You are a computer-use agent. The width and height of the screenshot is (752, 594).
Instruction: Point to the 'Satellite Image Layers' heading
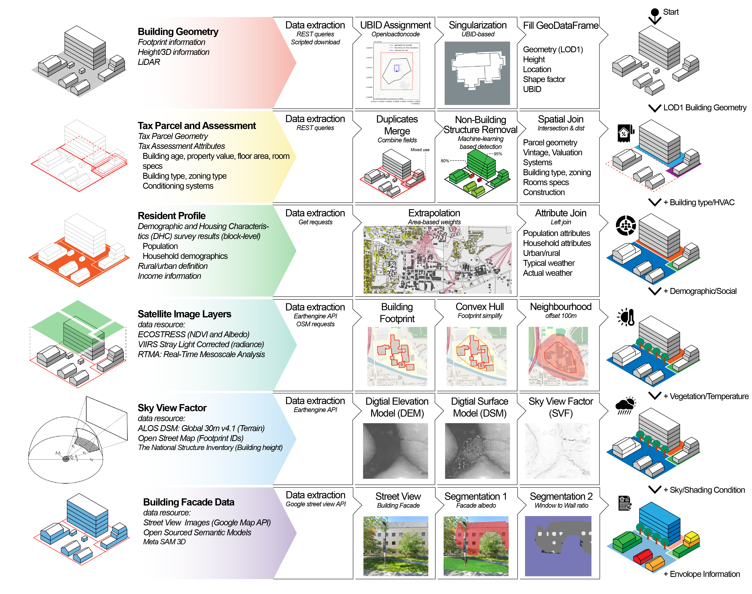pos(184,314)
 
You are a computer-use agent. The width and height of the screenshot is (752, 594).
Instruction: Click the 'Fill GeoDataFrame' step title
pos(560,26)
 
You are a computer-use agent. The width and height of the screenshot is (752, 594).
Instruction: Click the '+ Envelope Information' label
pos(701,574)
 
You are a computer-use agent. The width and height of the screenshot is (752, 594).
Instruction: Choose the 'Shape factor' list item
pos(544,80)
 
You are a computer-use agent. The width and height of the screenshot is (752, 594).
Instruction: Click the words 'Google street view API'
pos(316,504)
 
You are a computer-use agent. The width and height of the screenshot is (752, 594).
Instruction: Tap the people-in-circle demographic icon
pos(625,225)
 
